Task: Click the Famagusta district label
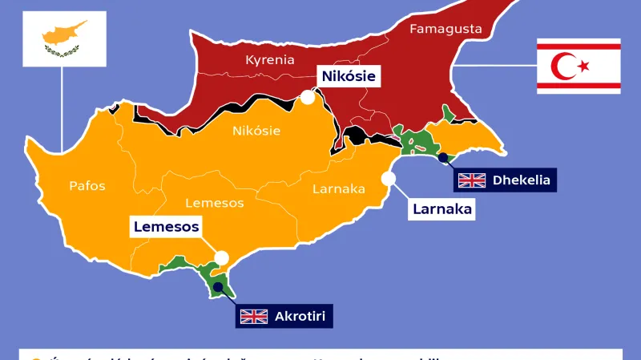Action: (x=445, y=29)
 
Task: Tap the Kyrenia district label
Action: (x=270, y=60)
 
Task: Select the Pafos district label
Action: (x=87, y=186)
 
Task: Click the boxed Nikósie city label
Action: (x=348, y=77)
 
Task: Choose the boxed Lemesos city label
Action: (x=166, y=227)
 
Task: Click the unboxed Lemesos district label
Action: (x=214, y=203)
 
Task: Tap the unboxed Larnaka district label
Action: (x=338, y=189)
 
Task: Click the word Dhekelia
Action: (x=522, y=180)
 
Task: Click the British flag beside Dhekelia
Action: (x=472, y=180)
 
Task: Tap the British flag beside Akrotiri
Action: (x=254, y=316)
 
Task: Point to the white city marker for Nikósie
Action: (x=307, y=98)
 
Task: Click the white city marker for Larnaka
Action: (x=389, y=179)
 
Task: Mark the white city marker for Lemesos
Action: (x=222, y=258)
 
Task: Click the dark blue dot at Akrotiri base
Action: (x=217, y=285)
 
